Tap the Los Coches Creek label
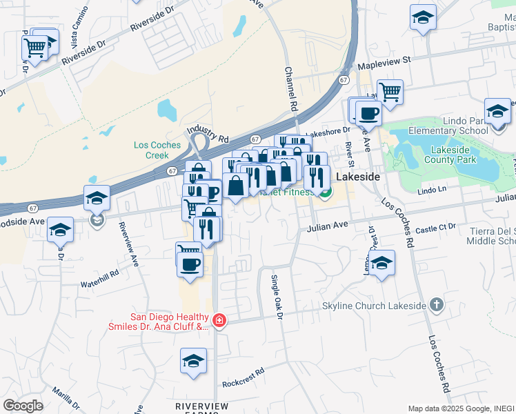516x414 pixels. pyautogui.click(x=157, y=150)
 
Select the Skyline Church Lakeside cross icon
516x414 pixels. pyautogui.click(x=435, y=304)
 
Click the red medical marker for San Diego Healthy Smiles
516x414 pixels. pyautogui.click(x=219, y=320)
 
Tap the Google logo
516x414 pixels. pyautogui.click(x=23, y=406)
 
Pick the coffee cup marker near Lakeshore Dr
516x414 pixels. pyautogui.click(x=368, y=112)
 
